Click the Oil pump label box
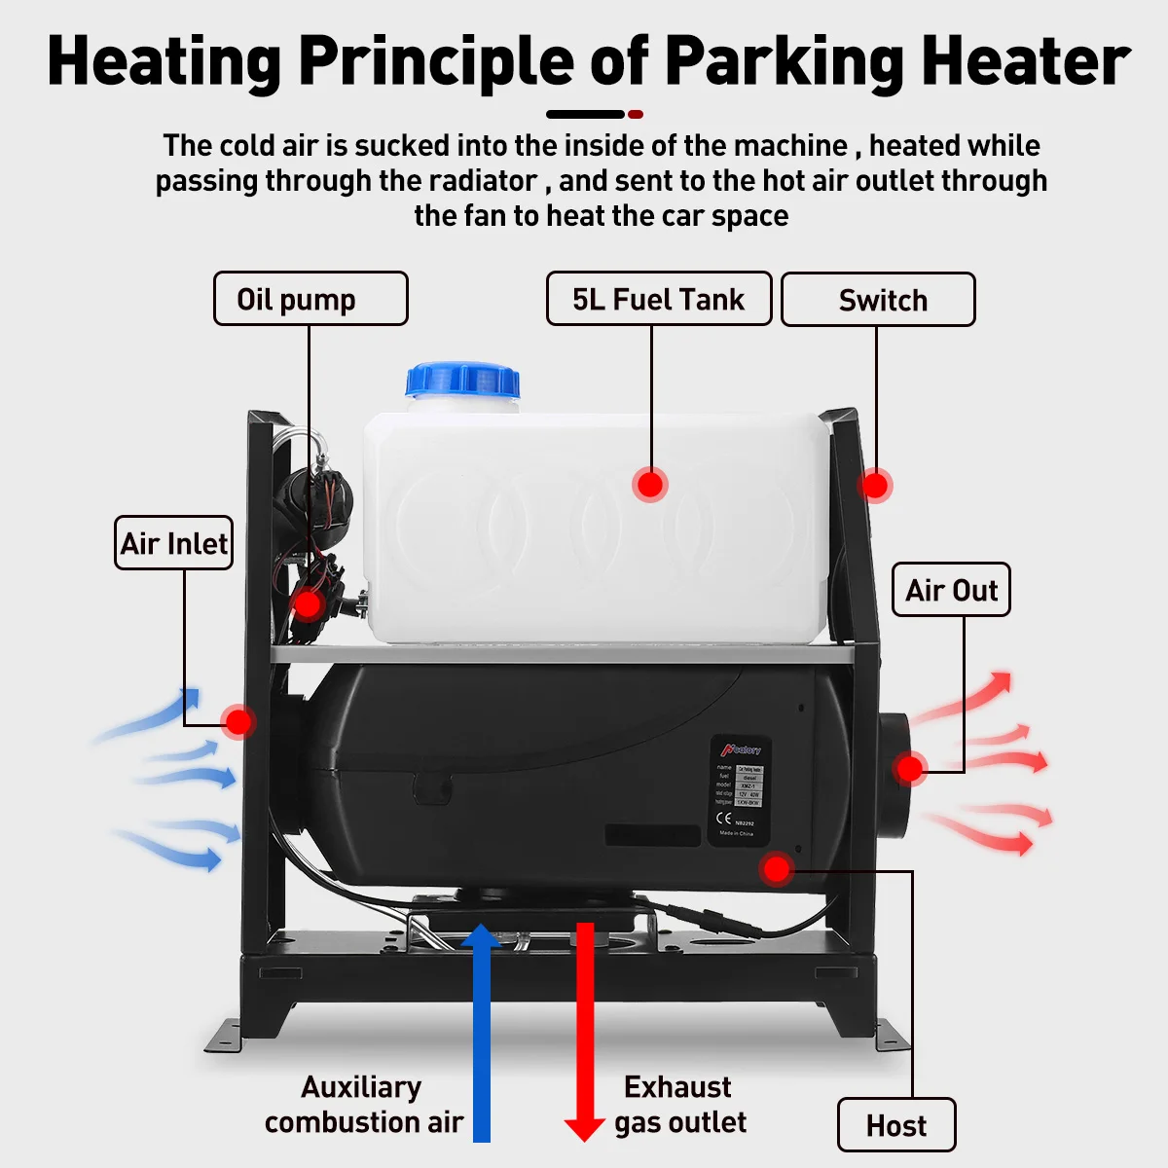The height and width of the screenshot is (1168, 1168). pyautogui.click(x=310, y=299)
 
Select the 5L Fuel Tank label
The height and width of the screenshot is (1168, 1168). pyautogui.click(x=658, y=299)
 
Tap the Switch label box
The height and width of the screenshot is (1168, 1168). pyautogui.click(x=877, y=300)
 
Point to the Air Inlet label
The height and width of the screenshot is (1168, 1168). pyautogui.click(x=174, y=543)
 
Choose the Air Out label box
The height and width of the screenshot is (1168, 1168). pyautogui.click(x=951, y=590)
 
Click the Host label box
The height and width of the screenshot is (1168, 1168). pyautogui.click(x=895, y=1126)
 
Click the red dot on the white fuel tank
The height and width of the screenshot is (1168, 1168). pyautogui.click(x=650, y=484)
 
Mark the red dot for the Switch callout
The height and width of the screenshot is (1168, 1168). pyautogui.click(x=875, y=485)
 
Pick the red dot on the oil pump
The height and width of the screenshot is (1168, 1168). pyautogui.click(x=308, y=605)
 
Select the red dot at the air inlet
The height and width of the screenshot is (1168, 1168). pyautogui.click(x=237, y=721)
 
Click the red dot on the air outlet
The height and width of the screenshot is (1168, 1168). pyautogui.click(x=909, y=768)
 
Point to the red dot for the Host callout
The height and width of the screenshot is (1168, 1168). pyautogui.click(x=776, y=868)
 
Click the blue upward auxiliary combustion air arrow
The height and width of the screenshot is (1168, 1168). pyautogui.click(x=481, y=1032)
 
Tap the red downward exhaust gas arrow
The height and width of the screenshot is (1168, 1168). pyautogui.click(x=585, y=1032)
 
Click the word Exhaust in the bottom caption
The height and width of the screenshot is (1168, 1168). pyautogui.click(x=677, y=1086)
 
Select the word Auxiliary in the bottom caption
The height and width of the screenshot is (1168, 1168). pyautogui.click(x=361, y=1086)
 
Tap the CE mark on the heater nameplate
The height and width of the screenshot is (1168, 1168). pyautogui.click(x=724, y=819)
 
